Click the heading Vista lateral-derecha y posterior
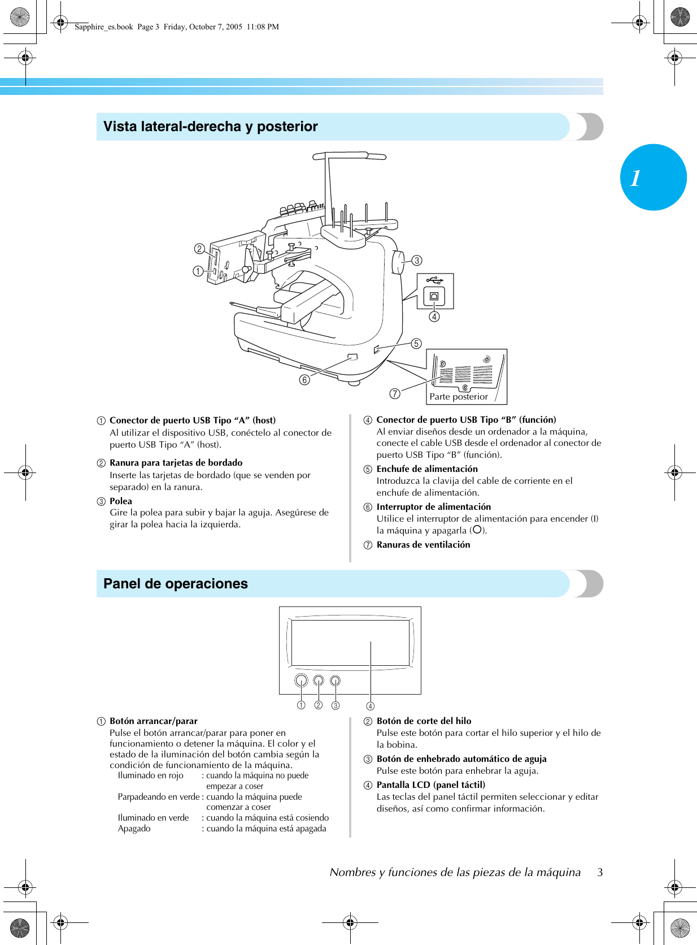click(x=210, y=127)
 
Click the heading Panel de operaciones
click(x=175, y=584)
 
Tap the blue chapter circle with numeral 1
click(x=653, y=177)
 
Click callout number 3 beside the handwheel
click(x=417, y=261)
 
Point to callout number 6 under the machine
click(x=304, y=380)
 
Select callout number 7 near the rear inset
click(x=395, y=394)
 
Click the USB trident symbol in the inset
click(x=435, y=280)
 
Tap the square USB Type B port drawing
click(x=434, y=297)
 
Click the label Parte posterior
click(x=458, y=397)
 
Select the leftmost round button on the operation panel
click(x=301, y=680)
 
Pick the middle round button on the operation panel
click(x=319, y=680)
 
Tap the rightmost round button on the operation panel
click(x=336, y=680)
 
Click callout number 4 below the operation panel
click(x=370, y=706)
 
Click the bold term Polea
click(x=121, y=501)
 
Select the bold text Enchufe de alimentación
click(x=427, y=469)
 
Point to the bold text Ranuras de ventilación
click(x=423, y=545)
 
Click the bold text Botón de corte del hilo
click(x=424, y=721)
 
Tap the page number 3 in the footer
click(x=600, y=872)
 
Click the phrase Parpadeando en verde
click(x=158, y=797)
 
